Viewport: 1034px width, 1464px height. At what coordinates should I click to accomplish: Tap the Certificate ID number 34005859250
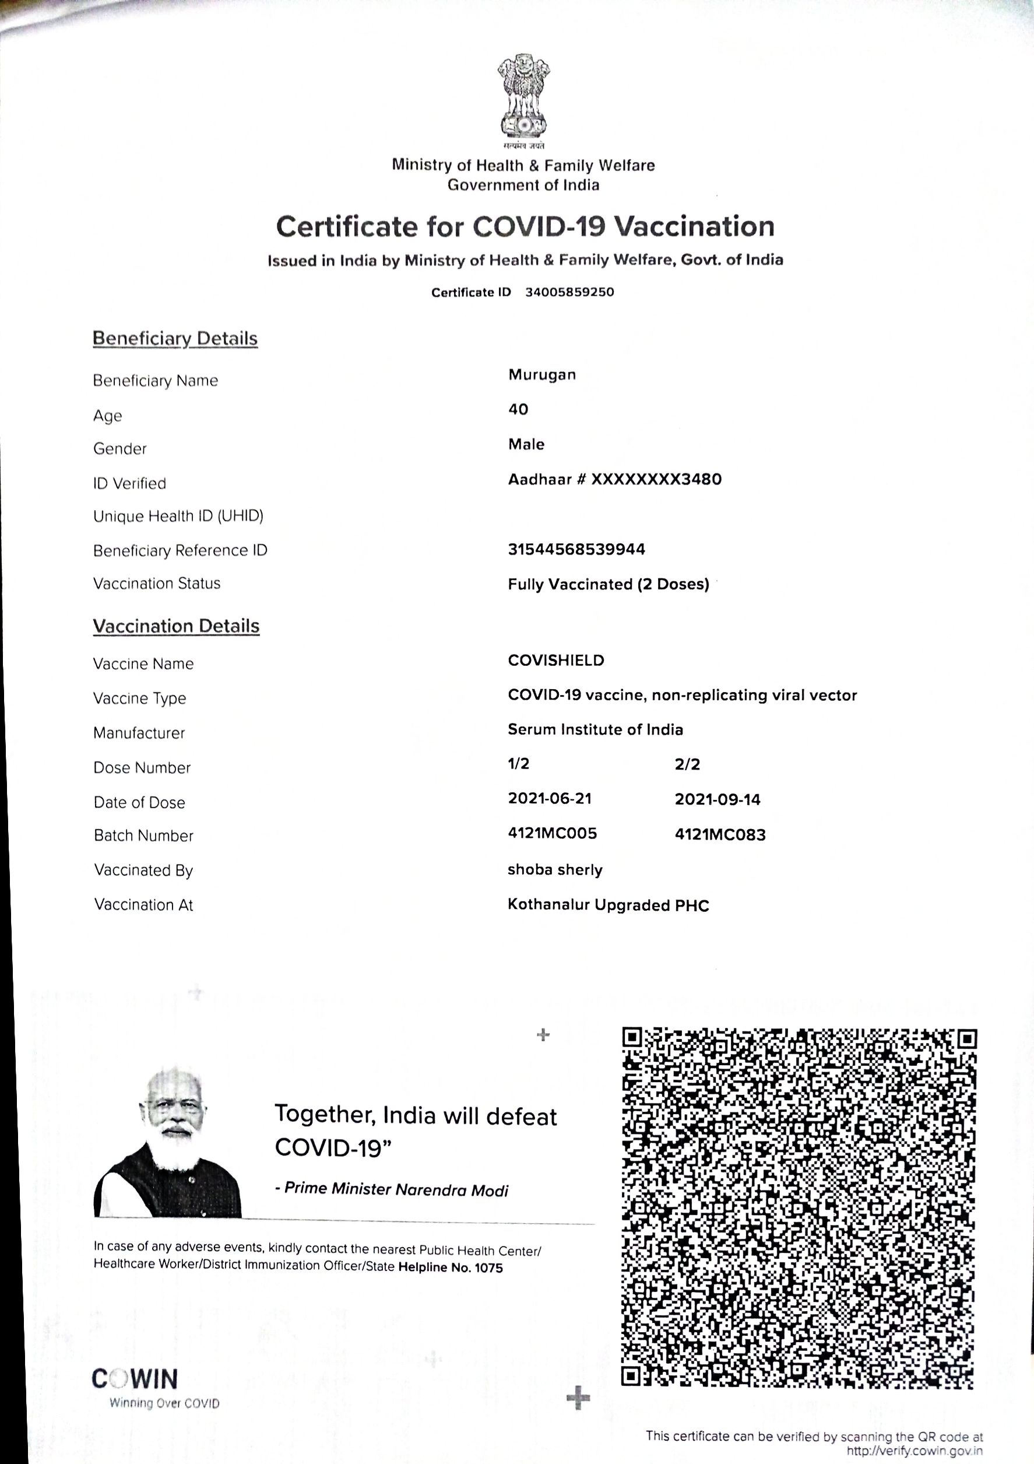pyautogui.click(x=569, y=292)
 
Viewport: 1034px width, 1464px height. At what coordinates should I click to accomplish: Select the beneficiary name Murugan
pyautogui.click(x=542, y=375)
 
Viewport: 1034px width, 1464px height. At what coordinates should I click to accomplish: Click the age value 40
pyautogui.click(x=518, y=409)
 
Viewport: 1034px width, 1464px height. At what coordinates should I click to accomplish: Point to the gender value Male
pyautogui.click(x=526, y=444)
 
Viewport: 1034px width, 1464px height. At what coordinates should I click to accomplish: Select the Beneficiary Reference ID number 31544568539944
pyautogui.click(x=576, y=549)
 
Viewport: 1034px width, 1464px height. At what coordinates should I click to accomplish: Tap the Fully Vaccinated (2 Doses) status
pyautogui.click(x=608, y=584)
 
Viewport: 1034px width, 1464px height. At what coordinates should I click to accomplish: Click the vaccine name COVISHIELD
pyautogui.click(x=556, y=661)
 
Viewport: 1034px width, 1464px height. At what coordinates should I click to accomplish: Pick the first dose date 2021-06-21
pyautogui.click(x=550, y=798)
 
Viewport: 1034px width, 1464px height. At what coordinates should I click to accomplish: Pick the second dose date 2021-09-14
pyautogui.click(x=717, y=799)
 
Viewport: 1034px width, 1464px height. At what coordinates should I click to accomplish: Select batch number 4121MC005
pyautogui.click(x=552, y=833)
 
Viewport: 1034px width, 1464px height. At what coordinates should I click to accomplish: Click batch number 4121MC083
pyautogui.click(x=720, y=835)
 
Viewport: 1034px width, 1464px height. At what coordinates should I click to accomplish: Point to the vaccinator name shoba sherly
pyautogui.click(x=555, y=870)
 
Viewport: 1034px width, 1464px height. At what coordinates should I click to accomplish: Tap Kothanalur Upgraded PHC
pyautogui.click(x=608, y=905)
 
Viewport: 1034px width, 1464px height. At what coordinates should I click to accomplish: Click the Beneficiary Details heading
pyautogui.click(x=175, y=339)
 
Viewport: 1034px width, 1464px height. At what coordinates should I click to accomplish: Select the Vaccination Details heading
pyautogui.click(x=177, y=626)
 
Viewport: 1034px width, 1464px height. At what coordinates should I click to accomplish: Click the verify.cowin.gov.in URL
pyautogui.click(x=914, y=1451)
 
